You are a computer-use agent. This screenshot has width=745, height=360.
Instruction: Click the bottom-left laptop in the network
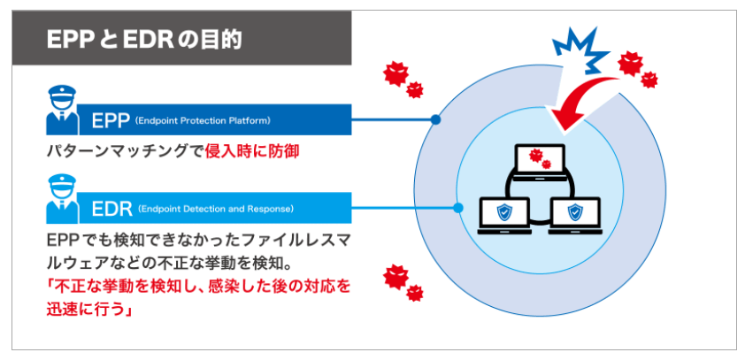[x=504, y=215]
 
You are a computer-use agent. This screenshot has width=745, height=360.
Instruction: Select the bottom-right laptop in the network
[x=576, y=215]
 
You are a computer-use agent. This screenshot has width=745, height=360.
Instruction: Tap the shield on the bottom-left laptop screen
[x=504, y=211]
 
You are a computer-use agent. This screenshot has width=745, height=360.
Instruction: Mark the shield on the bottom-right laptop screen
[x=576, y=211]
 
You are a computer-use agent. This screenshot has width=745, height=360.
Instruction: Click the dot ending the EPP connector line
[x=434, y=119]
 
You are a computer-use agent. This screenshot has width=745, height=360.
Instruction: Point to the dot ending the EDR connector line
[x=457, y=210]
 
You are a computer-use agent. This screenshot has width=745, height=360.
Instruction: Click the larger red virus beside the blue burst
[x=630, y=62]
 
